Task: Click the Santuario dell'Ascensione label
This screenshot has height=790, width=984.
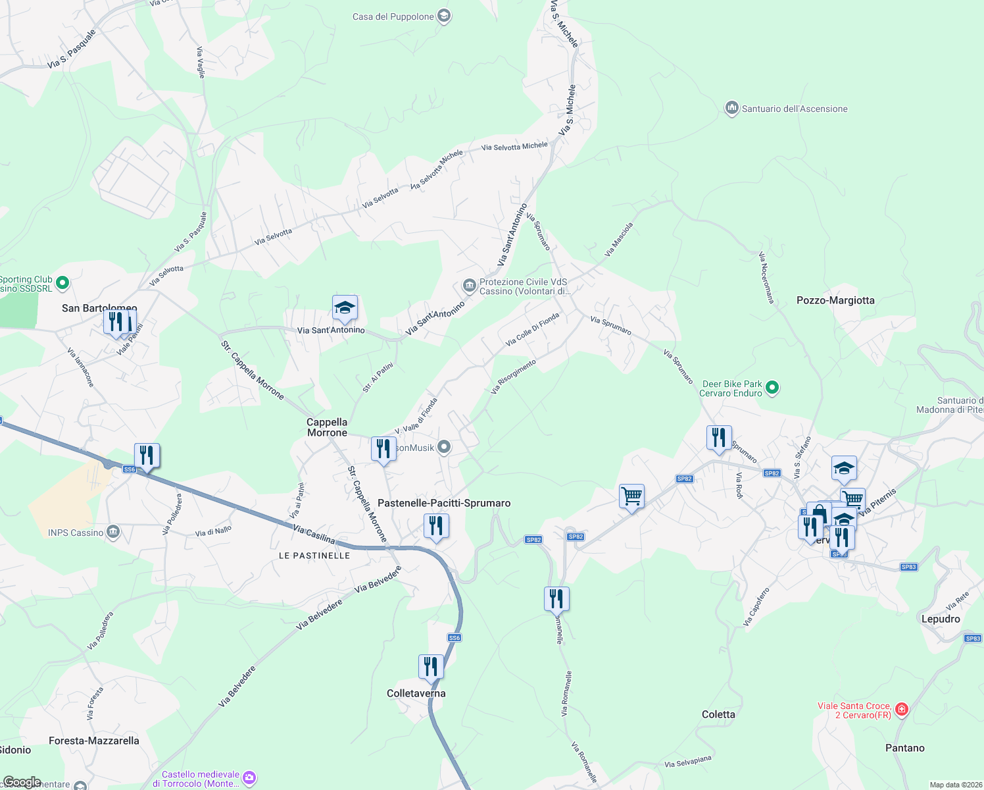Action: click(795, 109)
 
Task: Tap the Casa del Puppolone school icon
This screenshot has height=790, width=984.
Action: click(444, 16)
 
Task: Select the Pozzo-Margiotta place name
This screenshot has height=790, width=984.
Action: click(835, 300)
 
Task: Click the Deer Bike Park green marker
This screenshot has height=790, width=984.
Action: click(773, 388)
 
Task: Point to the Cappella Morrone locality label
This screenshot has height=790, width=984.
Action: click(327, 427)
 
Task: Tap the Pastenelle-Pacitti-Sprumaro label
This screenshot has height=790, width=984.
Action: click(444, 503)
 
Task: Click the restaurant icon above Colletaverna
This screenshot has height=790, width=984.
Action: click(431, 666)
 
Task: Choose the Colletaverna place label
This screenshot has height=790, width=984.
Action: click(416, 693)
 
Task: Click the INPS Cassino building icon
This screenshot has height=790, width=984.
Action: click(113, 531)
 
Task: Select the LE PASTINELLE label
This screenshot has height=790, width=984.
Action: click(314, 556)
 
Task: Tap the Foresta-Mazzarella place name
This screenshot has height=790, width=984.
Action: click(94, 741)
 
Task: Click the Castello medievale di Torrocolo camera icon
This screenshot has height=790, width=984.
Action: click(249, 778)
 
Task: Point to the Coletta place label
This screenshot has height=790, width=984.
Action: click(718, 714)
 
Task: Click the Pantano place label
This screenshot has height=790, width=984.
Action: click(905, 748)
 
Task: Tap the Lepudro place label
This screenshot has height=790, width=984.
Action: click(941, 619)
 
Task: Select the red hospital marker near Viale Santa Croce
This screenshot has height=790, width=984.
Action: click(902, 709)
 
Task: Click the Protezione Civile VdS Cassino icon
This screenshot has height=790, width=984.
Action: click(469, 285)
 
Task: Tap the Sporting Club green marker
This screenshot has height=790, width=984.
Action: click(62, 283)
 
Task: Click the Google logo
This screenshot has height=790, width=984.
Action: click(22, 782)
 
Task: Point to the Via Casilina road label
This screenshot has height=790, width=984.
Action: click(314, 534)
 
